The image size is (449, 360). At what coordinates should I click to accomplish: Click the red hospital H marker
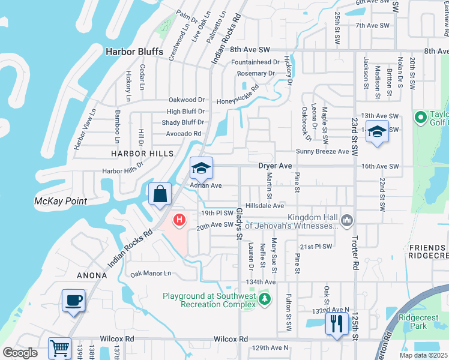179,220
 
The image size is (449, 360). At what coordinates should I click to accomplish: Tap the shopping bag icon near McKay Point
160,194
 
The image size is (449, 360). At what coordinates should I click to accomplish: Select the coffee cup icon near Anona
74,301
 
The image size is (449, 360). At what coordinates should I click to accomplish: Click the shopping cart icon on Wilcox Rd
59,348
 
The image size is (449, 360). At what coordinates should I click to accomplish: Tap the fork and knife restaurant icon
336,324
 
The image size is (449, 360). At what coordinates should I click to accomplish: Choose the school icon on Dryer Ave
202,169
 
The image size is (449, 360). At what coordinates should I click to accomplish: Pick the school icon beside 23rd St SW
377,132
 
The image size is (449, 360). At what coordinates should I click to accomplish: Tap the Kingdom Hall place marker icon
346,220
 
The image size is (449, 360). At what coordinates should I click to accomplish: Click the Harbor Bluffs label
134,52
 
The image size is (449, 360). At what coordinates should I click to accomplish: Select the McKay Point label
61,201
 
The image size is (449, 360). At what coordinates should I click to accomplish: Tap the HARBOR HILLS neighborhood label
142,154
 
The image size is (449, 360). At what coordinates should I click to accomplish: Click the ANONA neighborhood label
92,275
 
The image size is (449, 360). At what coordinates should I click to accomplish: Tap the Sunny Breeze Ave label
322,152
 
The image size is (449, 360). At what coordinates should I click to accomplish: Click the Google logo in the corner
20,353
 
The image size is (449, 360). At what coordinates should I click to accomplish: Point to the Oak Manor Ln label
151,273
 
